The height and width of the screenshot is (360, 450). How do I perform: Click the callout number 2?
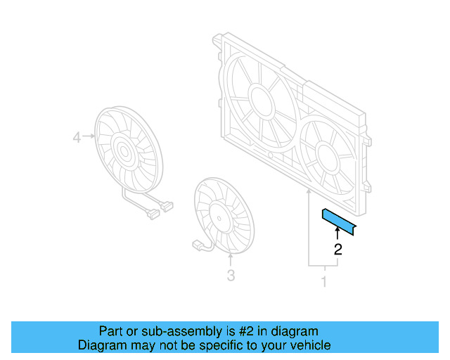coord(338,249)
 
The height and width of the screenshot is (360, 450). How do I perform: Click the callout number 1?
coord(324,283)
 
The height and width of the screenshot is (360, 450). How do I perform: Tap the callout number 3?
coord(231,276)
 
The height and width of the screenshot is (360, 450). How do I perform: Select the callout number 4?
coord(77,139)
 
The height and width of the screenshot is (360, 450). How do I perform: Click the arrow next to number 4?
coord(90,139)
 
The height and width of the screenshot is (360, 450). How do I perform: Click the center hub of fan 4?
coord(126,150)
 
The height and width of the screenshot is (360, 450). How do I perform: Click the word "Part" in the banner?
coord(110,331)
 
